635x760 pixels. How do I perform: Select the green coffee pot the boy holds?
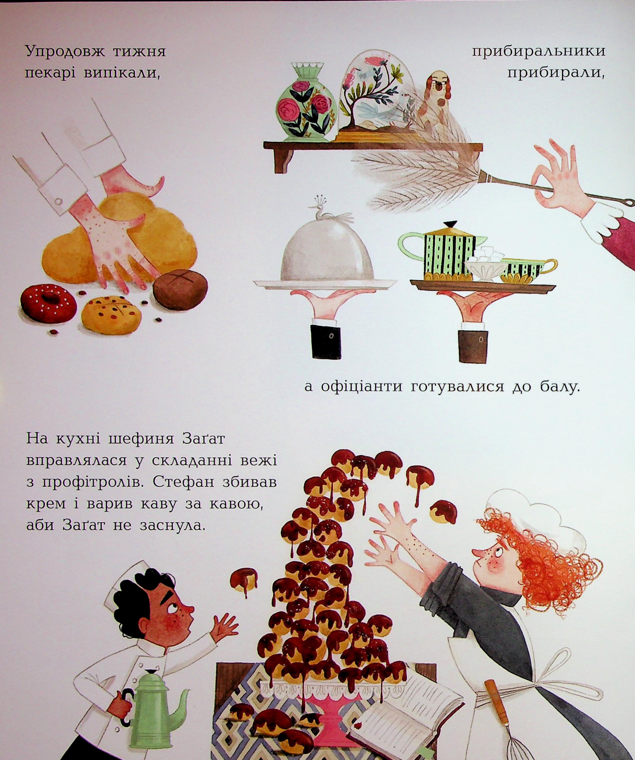152,709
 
